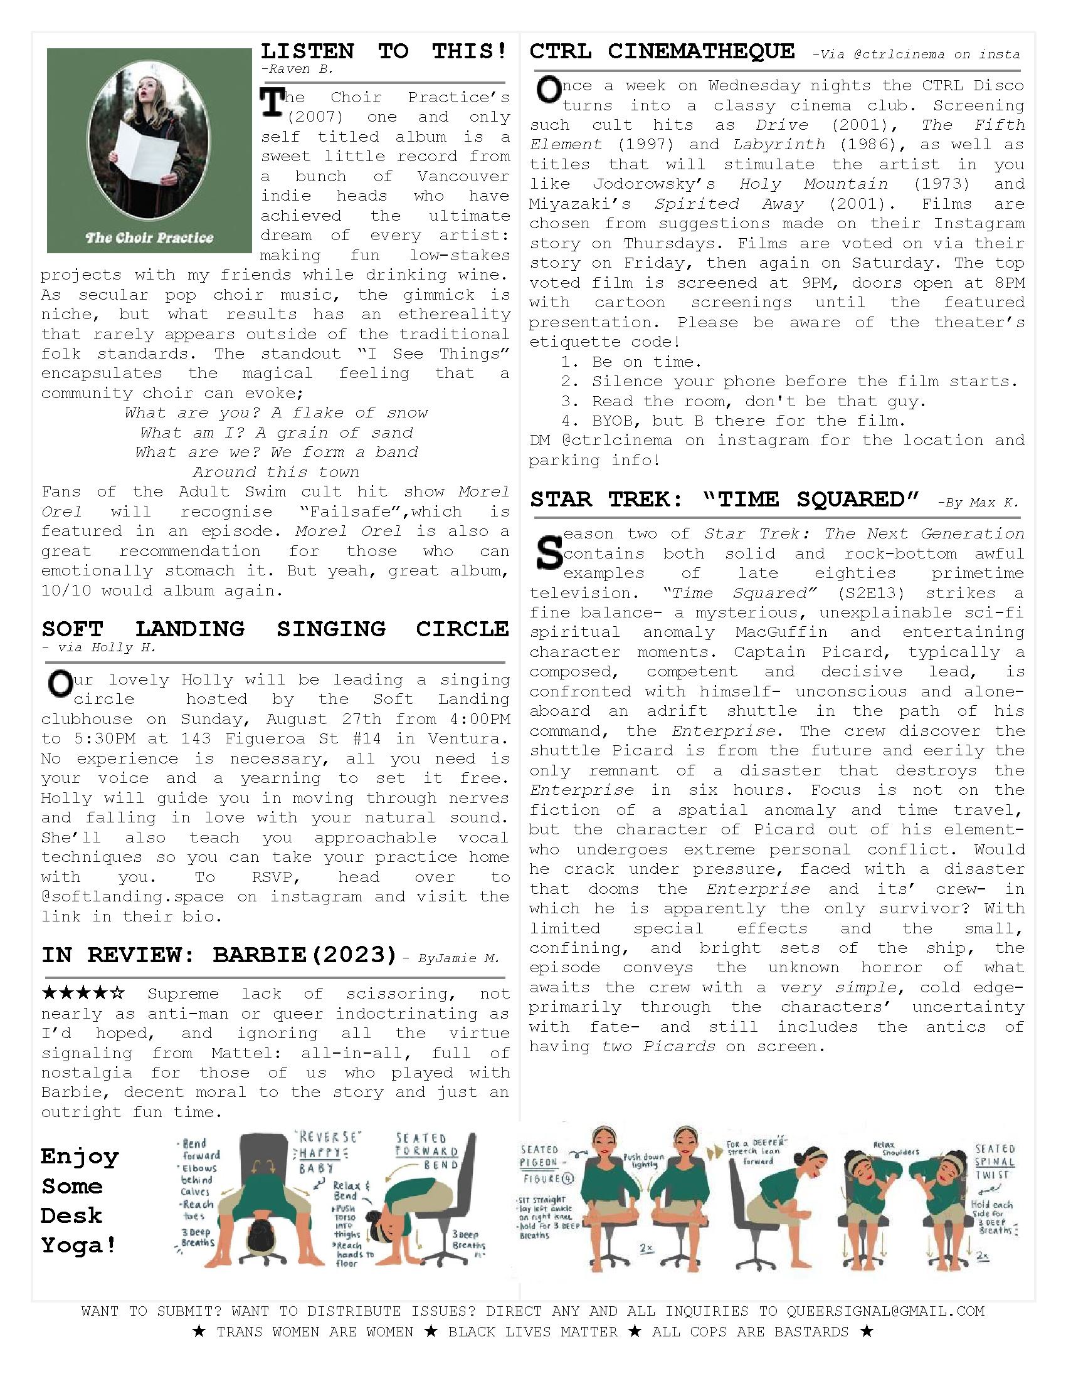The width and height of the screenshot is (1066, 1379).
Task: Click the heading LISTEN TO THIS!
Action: pyautogui.click(x=384, y=51)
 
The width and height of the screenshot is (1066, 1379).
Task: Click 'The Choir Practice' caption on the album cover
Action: pyautogui.click(x=150, y=238)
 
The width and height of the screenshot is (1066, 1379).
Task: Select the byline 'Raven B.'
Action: pyautogui.click(x=297, y=69)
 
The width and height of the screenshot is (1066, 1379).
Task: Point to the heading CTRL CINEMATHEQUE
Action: pyautogui.click(x=662, y=51)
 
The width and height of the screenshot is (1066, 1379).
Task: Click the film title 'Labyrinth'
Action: pyautogui.click(x=779, y=145)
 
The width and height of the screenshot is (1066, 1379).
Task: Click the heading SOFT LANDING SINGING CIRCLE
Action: pyautogui.click(x=275, y=629)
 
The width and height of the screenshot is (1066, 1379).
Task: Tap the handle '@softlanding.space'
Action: pyautogui.click(x=132, y=896)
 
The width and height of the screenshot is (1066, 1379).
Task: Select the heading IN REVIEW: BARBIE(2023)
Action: pyautogui.click(x=219, y=955)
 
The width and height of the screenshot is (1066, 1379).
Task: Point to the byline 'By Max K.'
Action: pyautogui.click(x=978, y=503)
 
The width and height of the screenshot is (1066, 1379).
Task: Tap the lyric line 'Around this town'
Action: pyautogui.click(x=275, y=472)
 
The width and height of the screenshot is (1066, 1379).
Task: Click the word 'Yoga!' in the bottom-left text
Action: pyautogui.click(x=79, y=1246)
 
